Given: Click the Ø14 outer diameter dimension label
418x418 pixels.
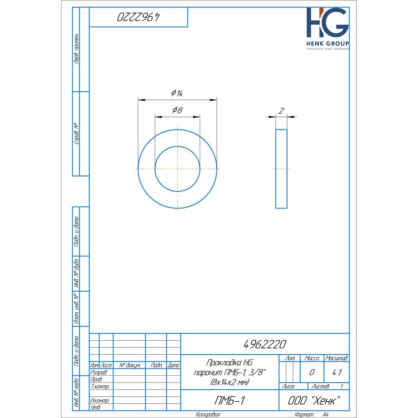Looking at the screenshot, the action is click(177, 93).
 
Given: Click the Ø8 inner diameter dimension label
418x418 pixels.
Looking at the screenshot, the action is click(177, 110).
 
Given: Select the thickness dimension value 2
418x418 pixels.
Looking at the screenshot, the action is click(281, 111).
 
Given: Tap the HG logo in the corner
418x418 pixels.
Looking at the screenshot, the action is click(327, 23).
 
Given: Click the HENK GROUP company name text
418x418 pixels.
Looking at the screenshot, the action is click(328, 43).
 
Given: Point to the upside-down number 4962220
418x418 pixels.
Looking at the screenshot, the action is click(138, 17).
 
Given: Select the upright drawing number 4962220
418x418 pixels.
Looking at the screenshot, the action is click(265, 344).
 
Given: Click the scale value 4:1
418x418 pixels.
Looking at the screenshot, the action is click(336, 372).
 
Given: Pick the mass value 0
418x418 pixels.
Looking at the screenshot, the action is click(312, 372).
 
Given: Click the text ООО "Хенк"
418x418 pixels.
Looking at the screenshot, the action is click(314, 400).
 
